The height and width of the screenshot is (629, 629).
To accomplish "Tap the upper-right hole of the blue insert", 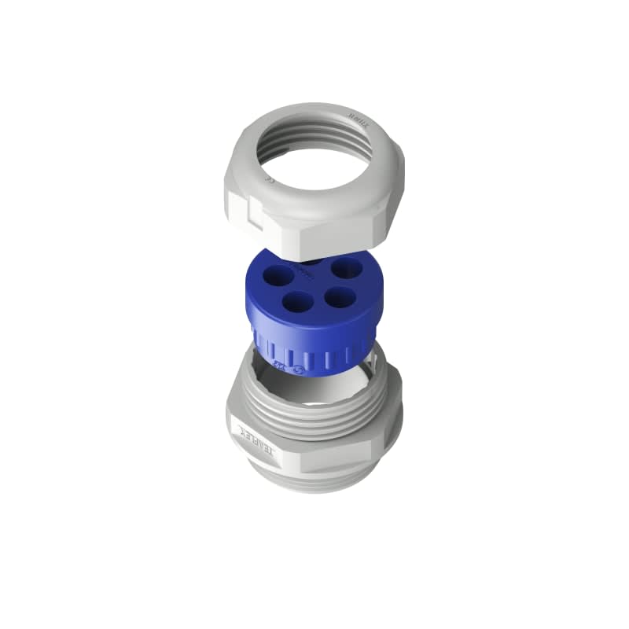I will (x=341, y=268).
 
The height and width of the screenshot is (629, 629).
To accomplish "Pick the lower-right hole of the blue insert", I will (x=339, y=297).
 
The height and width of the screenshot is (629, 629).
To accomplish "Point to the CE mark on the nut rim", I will (x=270, y=181).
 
